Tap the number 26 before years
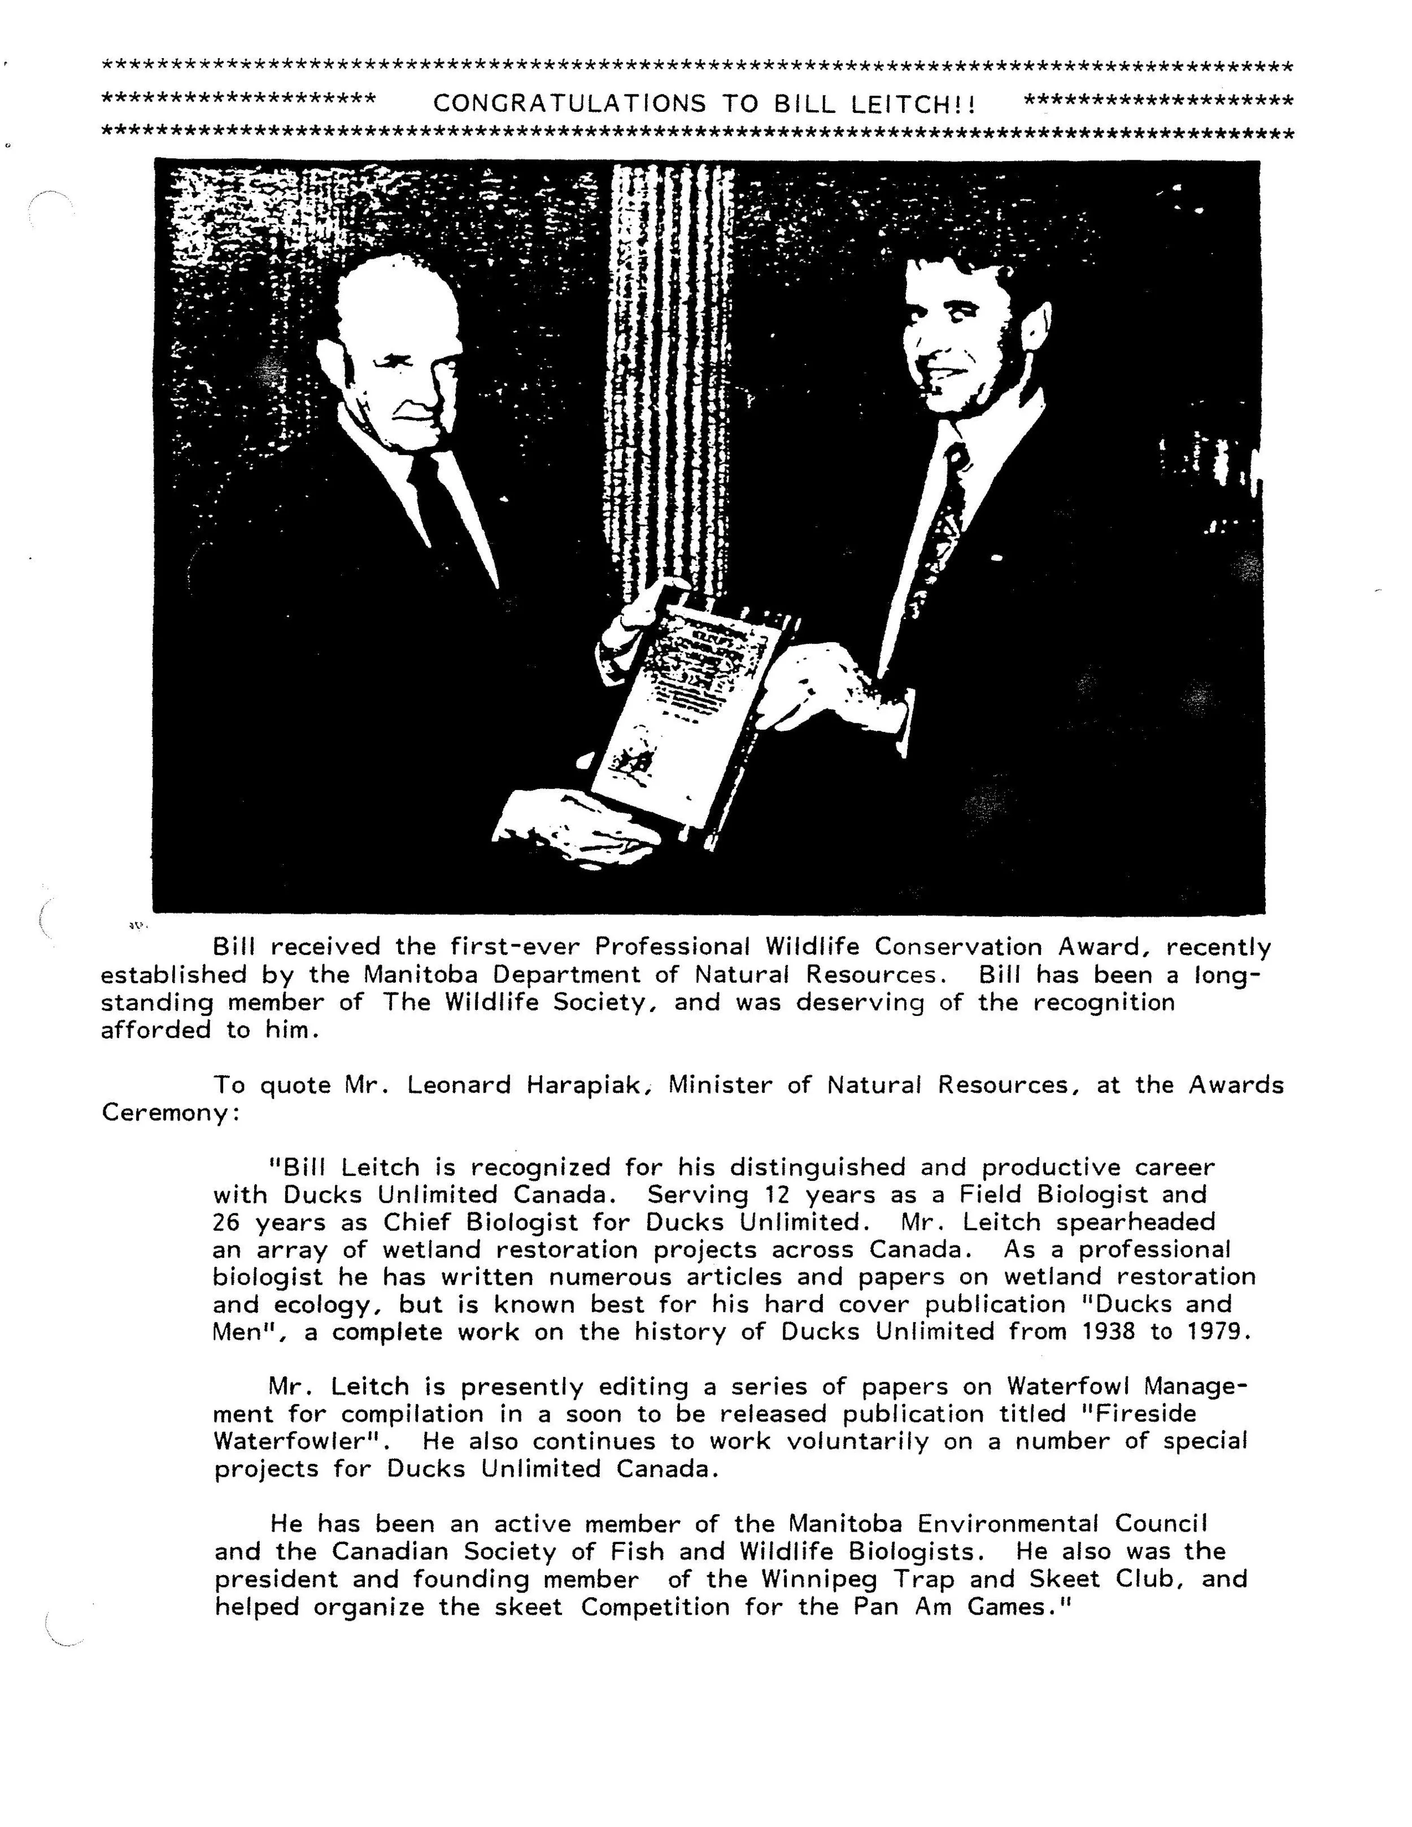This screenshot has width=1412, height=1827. tap(226, 1222)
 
